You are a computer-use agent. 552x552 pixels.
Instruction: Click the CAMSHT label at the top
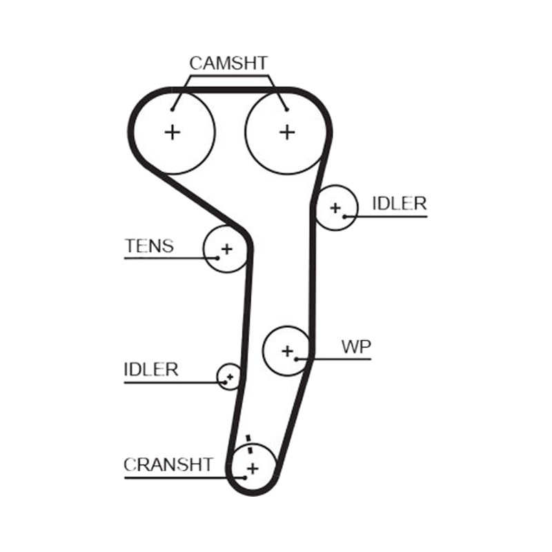tap(228, 63)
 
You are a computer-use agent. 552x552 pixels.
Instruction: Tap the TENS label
tap(149, 246)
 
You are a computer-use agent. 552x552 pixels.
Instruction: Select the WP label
tap(356, 347)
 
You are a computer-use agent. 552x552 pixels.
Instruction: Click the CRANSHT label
tap(168, 464)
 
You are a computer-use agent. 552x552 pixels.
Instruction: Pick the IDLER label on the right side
tap(400, 204)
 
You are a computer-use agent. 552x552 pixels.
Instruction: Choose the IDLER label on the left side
tap(151, 369)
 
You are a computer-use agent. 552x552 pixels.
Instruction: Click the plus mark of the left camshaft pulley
tap(172, 132)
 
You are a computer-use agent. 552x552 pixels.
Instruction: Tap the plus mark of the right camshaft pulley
tap(287, 132)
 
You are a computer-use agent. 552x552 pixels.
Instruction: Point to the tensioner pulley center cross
tap(227, 249)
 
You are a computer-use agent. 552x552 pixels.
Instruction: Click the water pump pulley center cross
tap(288, 351)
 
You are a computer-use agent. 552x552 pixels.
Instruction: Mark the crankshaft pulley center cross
tap(253, 469)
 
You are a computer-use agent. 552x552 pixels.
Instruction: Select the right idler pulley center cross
tap(335, 208)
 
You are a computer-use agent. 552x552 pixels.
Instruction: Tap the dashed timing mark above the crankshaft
tap(249, 445)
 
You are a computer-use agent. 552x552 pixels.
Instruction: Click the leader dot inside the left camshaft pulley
tap(172, 110)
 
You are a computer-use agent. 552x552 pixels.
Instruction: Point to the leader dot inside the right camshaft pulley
tap(287, 110)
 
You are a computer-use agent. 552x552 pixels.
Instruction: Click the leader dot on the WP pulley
tap(297, 359)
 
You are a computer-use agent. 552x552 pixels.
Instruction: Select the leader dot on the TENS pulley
tap(217, 258)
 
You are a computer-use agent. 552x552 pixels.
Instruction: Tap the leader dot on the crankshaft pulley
tap(245, 477)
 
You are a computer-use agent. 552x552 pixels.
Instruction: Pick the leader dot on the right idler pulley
tap(345, 217)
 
